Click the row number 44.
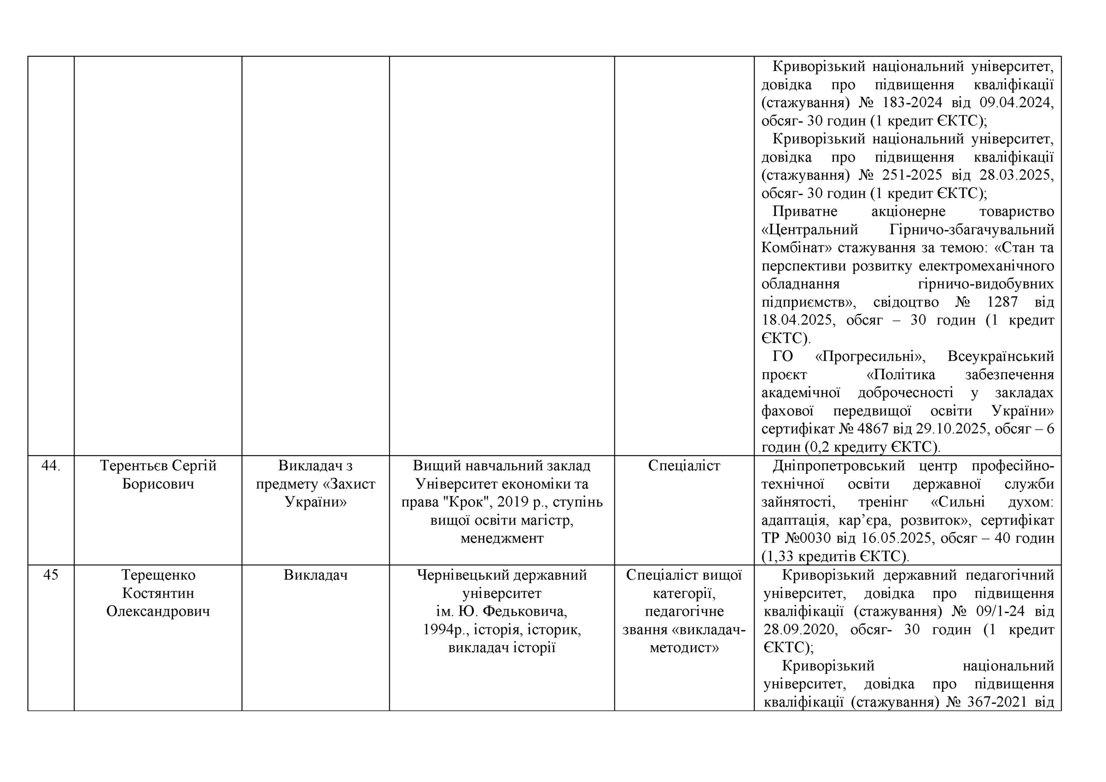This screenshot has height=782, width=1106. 51,465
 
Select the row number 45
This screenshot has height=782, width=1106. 51,575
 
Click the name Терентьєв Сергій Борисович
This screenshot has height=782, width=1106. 158,475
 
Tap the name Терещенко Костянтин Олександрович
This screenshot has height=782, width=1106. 158,593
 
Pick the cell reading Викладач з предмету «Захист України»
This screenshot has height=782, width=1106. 315,484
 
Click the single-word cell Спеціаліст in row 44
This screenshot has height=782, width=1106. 684,465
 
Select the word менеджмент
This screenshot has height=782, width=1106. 502,538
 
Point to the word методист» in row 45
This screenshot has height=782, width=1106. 684,648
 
